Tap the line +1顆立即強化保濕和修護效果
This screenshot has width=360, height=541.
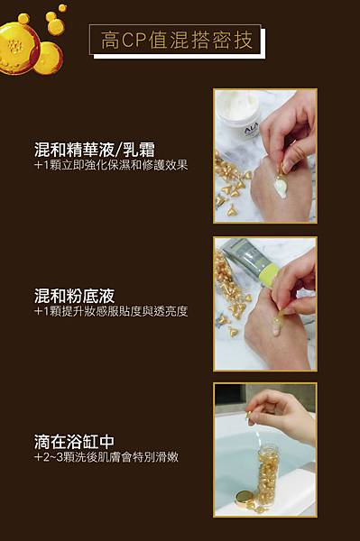[x=110, y=166]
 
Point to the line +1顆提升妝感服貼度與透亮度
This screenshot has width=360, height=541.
[x=110, y=311]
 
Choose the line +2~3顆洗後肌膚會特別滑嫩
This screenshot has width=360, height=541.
[x=106, y=457]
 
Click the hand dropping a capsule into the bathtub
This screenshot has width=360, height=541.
[x=287, y=410]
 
